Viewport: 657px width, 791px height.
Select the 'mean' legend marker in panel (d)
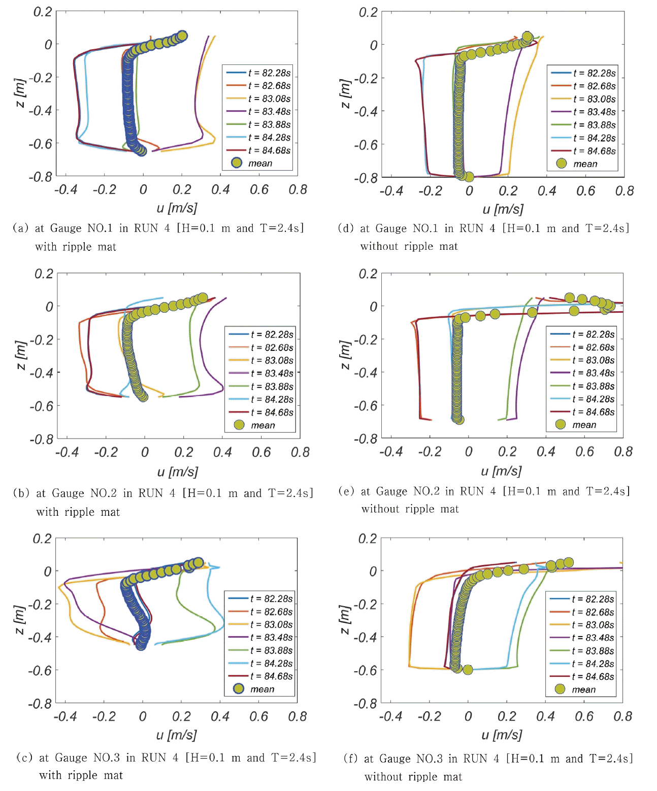(561, 163)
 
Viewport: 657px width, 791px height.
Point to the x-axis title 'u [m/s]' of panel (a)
(177, 208)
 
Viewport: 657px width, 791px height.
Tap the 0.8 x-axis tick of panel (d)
(624, 191)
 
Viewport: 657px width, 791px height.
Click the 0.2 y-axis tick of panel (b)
(44, 274)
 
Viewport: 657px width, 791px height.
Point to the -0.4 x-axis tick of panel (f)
(390, 716)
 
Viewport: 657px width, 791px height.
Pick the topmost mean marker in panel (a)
(182, 35)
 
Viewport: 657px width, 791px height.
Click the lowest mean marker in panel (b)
(144, 397)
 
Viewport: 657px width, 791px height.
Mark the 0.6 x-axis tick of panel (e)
(584, 452)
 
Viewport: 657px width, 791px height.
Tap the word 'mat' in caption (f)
(453, 777)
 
